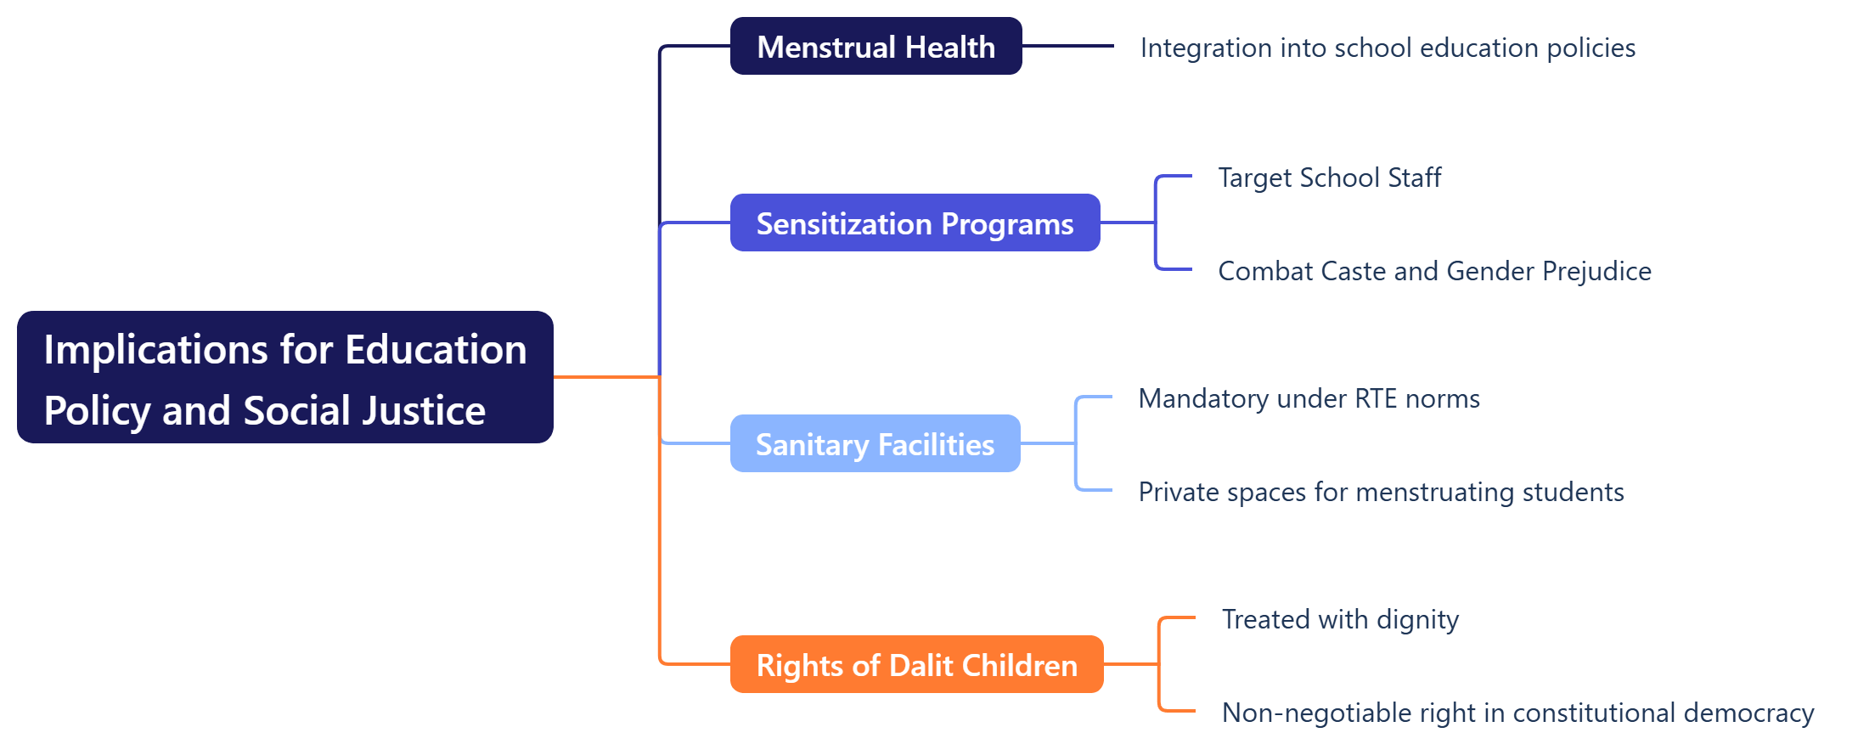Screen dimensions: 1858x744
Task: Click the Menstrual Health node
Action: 876,46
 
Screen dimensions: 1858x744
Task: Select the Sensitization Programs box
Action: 915,223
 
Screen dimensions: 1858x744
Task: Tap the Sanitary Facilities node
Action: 875,443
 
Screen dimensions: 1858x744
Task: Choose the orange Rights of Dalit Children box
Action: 916,664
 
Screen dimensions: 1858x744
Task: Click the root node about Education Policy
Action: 285,377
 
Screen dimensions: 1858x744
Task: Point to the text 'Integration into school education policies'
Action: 1388,48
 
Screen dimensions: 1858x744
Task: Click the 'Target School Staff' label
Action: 1330,178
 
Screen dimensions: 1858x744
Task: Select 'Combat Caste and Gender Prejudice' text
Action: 1434,271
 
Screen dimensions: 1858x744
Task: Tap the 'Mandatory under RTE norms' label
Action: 1309,398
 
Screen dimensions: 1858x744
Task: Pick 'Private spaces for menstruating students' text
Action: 1381,492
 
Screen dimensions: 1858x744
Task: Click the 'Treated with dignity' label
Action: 1340,619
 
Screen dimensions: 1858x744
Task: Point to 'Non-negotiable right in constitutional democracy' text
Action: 1517,713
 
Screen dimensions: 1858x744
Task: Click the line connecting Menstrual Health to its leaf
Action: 1068,46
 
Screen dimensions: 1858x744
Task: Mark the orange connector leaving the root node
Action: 606,376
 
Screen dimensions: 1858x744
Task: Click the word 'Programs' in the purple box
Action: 1007,224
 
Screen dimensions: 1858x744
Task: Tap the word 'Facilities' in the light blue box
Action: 936,444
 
